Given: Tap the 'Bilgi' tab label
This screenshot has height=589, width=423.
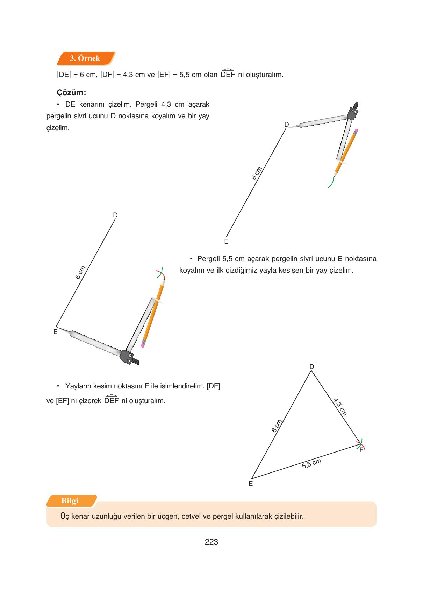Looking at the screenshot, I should tap(70, 501).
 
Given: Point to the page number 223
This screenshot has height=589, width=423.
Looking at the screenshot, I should tap(211, 542).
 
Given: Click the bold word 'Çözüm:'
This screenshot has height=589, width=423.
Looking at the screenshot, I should tap(71, 93).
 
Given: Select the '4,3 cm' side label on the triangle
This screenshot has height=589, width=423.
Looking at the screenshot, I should tap(340, 407).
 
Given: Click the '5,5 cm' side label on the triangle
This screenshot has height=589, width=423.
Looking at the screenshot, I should tap(311, 463).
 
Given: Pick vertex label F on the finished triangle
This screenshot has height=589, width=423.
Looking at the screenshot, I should tap(362, 450).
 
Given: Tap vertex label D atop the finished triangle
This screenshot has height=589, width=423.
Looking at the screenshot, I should tap(311, 366).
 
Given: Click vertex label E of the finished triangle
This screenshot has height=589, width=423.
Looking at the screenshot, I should tap(251, 484).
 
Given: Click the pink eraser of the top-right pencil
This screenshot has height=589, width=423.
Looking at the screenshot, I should tap(356, 131).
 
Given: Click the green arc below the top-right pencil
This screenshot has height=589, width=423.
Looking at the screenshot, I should tap(331, 183).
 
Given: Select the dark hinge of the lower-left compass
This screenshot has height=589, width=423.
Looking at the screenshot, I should tap(128, 357).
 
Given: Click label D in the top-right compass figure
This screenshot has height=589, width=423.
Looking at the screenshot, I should tap(286, 125).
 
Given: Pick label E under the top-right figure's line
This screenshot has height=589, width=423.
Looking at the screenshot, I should tap(226, 241).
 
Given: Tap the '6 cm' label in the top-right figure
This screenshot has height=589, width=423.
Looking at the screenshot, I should tap(257, 173).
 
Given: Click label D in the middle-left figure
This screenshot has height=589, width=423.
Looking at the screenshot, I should tap(115, 215).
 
